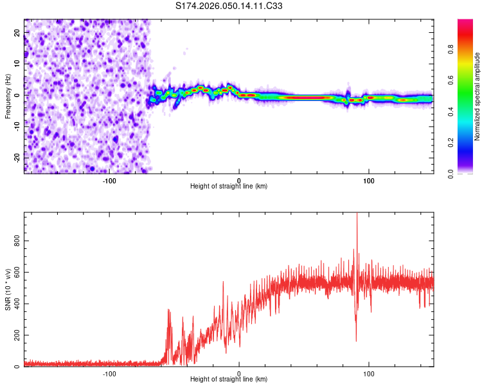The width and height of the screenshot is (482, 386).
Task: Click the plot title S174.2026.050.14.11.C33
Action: point(229,6)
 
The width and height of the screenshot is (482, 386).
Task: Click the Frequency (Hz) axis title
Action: point(8,96)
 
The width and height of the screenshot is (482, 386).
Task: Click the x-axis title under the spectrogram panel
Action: point(229,186)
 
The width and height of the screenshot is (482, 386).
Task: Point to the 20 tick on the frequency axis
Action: point(17,32)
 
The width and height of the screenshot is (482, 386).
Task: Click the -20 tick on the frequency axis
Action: point(16,158)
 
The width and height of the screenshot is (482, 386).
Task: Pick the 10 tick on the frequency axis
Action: point(17,64)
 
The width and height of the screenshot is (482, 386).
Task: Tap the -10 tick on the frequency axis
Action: point(16,126)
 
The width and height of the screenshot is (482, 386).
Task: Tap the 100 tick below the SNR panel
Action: point(369,374)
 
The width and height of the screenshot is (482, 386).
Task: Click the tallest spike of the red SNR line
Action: point(357,214)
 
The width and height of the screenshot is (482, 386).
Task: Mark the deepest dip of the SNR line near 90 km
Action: point(356,341)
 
